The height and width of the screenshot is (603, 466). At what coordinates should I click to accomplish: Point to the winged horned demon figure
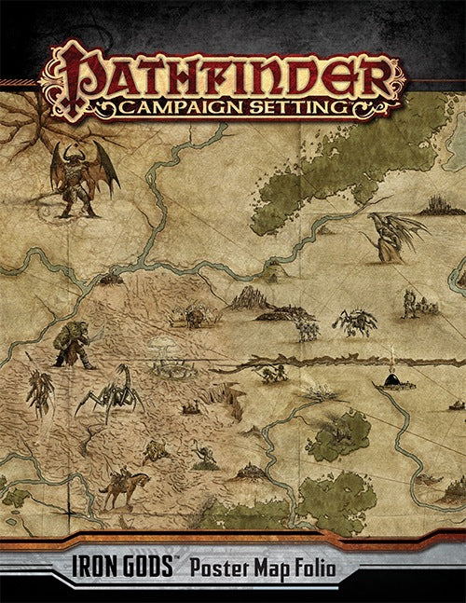click(82, 177)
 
